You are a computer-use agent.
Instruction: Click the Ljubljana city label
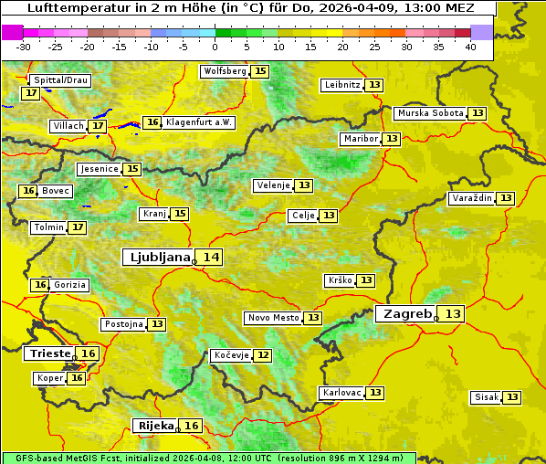click(x=157, y=258)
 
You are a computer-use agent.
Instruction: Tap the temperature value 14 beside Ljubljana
click(x=211, y=258)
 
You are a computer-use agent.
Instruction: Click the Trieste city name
click(x=49, y=353)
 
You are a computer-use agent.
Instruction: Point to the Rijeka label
click(x=155, y=426)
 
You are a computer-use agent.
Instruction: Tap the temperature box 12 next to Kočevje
click(x=262, y=355)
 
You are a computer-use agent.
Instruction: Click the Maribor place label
click(x=359, y=139)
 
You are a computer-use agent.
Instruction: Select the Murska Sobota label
click(x=430, y=113)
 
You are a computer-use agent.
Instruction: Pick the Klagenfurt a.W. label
click(x=199, y=122)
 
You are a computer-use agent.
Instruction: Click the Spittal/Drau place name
click(x=59, y=80)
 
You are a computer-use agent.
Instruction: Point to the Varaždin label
click(x=472, y=198)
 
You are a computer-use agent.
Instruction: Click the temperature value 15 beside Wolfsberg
click(x=260, y=71)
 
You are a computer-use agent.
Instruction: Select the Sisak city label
click(x=486, y=397)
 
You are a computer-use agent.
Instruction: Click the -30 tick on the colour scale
click(x=24, y=46)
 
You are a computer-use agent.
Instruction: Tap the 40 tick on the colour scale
click(x=470, y=46)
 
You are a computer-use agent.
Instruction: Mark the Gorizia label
click(x=69, y=285)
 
